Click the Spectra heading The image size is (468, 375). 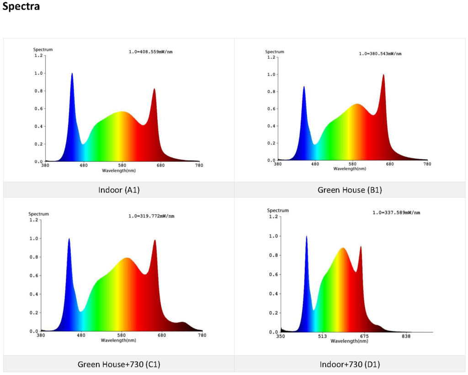coord(21,8)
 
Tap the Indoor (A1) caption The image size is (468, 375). coord(119,190)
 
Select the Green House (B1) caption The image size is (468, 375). coord(350,190)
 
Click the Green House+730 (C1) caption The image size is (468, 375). coord(119,365)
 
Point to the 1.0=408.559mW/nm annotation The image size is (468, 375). coord(150,52)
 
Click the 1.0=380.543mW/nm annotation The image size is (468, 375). coord(380,53)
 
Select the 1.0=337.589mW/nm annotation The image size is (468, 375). coord(396,212)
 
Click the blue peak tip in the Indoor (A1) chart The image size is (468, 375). coord(72,73)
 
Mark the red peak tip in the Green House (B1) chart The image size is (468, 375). coord(383,74)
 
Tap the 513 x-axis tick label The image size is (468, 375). coord(322,337)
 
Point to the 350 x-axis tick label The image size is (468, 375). coord(280,337)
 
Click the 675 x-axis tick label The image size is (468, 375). coord(364,337)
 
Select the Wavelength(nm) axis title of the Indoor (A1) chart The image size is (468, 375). coord(119,170)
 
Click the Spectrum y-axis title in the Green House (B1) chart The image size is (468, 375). coord(275,52)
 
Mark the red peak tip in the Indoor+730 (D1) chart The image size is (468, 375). coord(361,246)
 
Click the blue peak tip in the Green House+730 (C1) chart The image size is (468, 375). coord(69,238)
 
